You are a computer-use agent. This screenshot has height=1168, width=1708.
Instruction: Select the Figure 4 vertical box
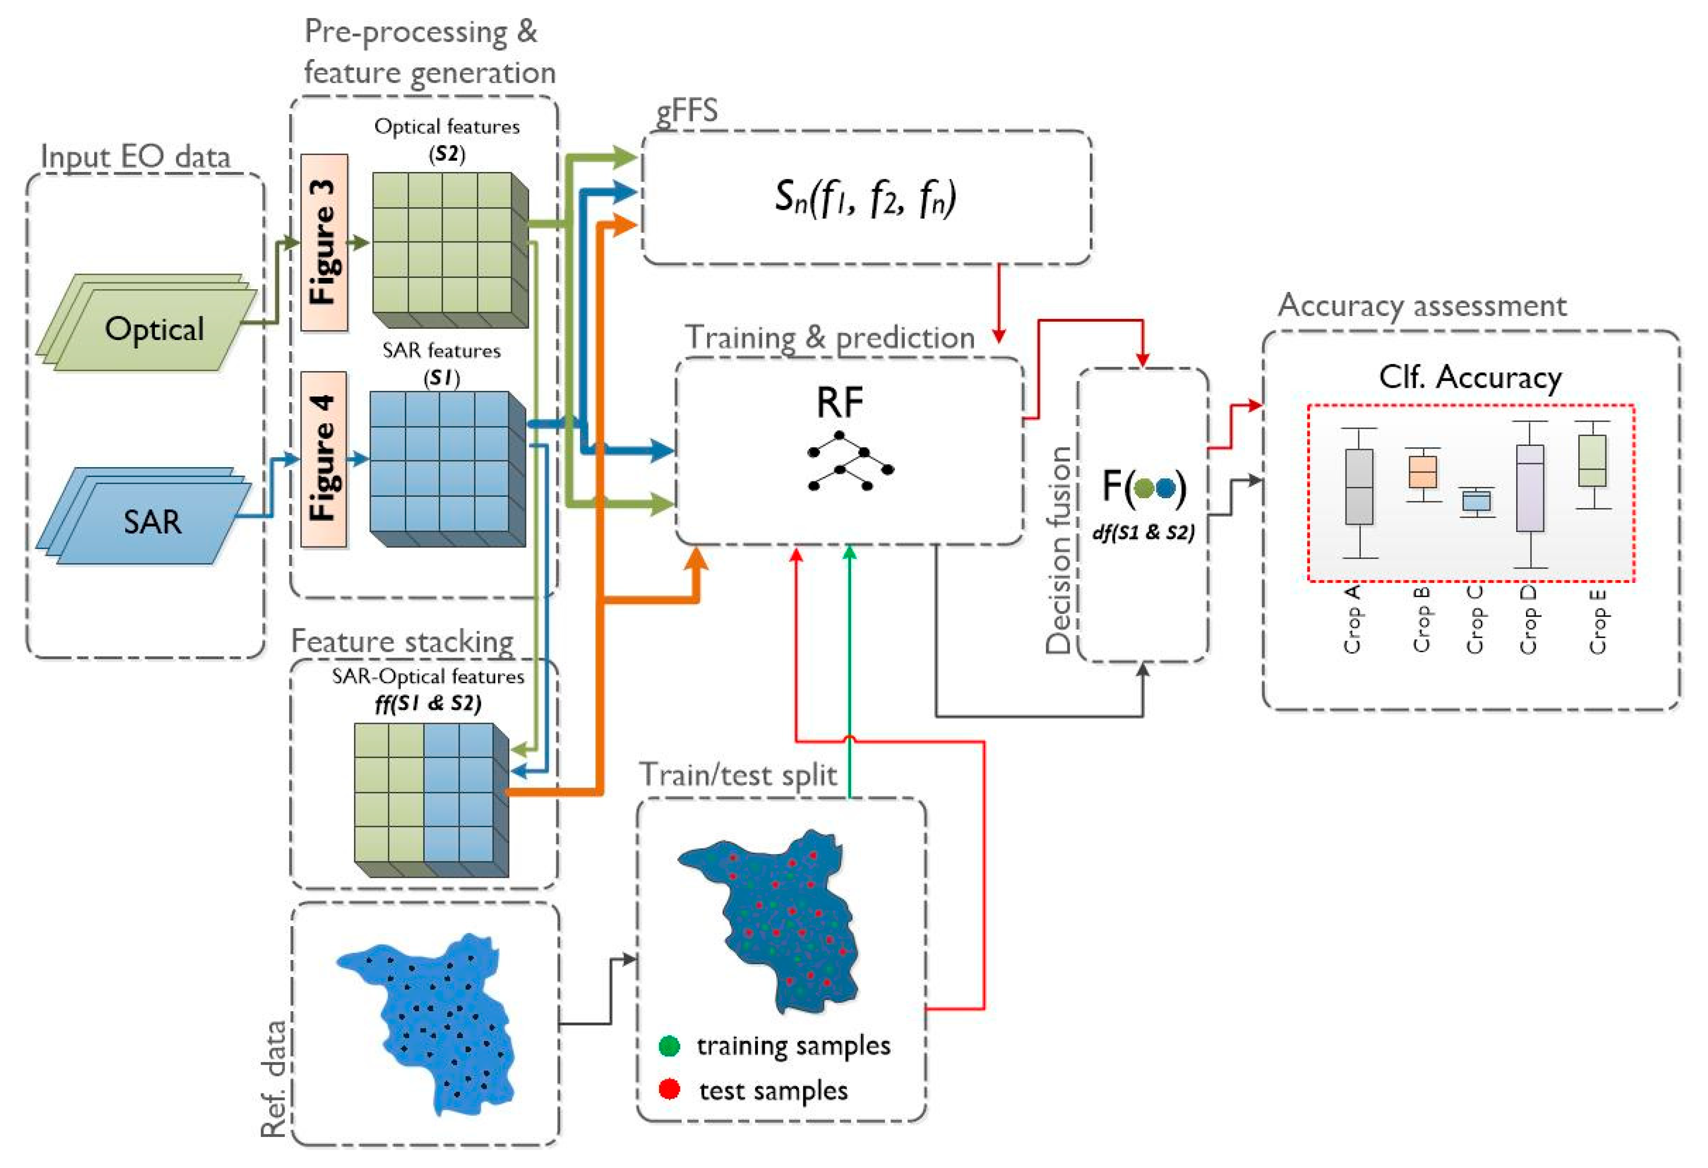tap(323, 459)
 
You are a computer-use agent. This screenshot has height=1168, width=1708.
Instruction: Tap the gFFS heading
tap(686, 110)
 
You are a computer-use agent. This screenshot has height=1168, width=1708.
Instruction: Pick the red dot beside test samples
tap(669, 1089)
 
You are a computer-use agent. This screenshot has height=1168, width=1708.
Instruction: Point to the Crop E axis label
tap(1597, 621)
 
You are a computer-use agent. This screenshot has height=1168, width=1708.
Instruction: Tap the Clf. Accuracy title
tap(1470, 377)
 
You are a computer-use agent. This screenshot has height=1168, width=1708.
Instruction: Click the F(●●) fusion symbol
tap(1144, 486)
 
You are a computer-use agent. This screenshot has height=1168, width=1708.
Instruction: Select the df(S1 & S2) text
tap(1144, 532)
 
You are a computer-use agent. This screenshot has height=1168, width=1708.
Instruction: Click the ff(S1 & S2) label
tap(428, 704)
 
